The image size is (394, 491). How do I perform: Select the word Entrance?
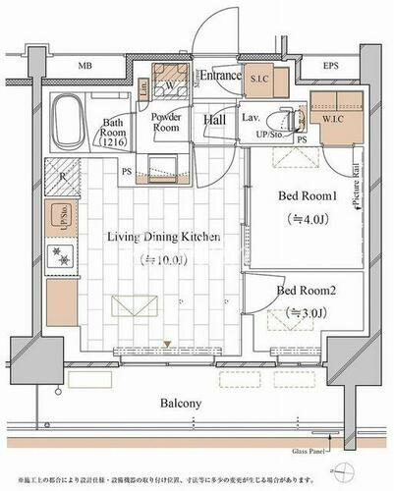(222, 75)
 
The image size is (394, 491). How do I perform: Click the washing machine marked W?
(173, 83)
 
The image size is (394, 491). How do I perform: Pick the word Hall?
(216, 120)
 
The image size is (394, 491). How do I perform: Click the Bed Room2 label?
(307, 291)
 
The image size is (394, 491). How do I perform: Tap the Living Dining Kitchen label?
(158, 238)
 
